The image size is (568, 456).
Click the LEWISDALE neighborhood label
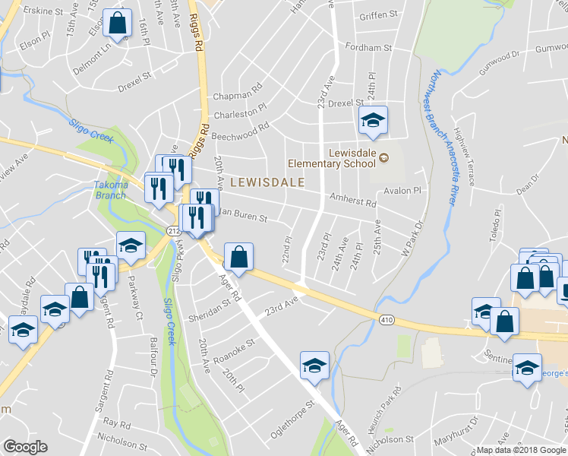(x=267, y=182)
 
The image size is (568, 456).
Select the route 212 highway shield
(x=172, y=230)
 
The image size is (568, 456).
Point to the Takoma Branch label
(x=110, y=189)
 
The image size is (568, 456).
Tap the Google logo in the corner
(x=25, y=447)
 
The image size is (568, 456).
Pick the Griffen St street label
(x=379, y=14)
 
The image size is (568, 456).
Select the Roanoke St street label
(x=233, y=349)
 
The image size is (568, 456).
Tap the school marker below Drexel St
(x=373, y=121)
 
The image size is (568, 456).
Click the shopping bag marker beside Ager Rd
(x=239, y=257)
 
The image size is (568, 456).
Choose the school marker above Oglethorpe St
(x=314, y=366)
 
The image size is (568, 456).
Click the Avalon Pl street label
(x=402, y=191)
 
